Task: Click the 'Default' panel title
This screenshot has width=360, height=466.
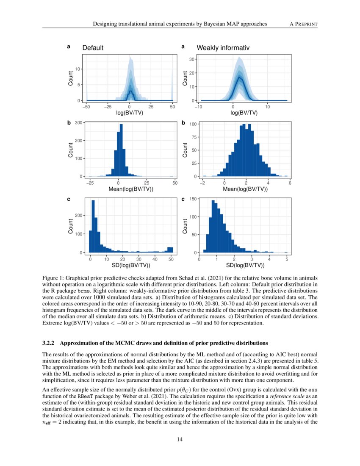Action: tap(93, 48)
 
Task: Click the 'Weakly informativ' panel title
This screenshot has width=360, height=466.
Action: tap(223, 48)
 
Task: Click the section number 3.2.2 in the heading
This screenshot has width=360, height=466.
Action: tap(50, 343)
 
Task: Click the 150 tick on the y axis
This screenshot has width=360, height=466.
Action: tap(191, 199)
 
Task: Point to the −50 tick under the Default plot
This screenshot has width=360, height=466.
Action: tap(86, 107)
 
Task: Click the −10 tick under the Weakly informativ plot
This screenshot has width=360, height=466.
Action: tap(198, 107)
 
